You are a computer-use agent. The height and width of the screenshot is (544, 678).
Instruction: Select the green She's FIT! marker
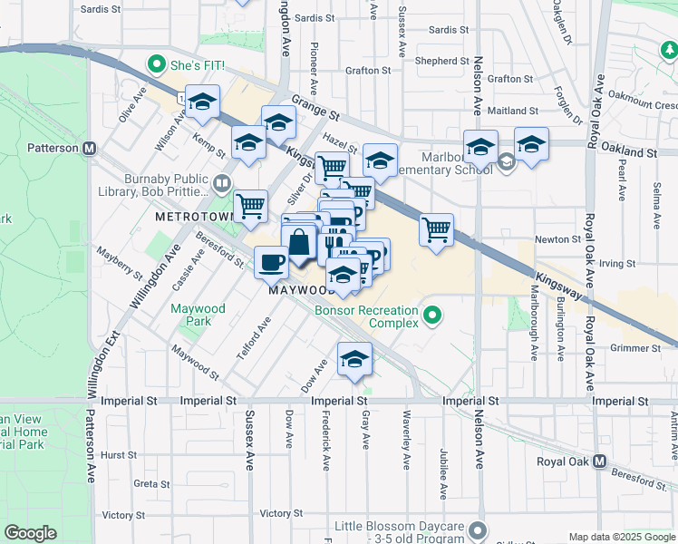point(156,65)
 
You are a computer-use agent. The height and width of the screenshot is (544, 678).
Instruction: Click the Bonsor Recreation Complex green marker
point(433,316)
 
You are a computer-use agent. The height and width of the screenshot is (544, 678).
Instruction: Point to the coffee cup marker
point(271,263)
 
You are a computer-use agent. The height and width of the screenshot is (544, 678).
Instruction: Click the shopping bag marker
point(299,243)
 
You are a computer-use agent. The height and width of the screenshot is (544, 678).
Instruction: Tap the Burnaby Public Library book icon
point(221,185)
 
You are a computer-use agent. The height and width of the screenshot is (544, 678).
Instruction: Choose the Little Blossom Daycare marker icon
point(478,529)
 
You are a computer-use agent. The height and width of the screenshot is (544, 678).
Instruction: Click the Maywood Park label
point(199,315)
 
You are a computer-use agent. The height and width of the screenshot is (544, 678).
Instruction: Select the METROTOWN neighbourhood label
point(190,219)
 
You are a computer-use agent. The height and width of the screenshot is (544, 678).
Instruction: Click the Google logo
point(31,533)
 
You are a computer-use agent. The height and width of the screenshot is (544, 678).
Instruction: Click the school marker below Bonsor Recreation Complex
point(354,359)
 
